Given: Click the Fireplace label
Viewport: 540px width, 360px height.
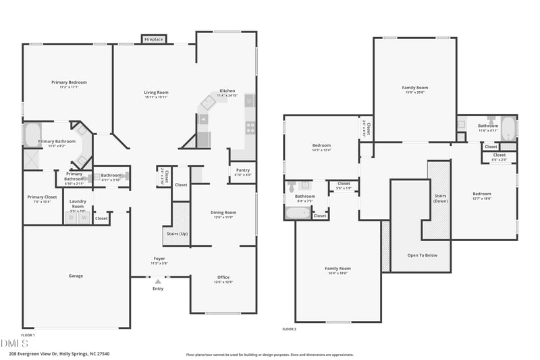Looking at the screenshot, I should pyautogui.click(x=154, y=40).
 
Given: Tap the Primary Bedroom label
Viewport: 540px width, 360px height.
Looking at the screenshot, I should pyautogui.click(x=69, y=82).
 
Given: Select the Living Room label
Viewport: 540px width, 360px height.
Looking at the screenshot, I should pyautogui.click(x=156, y=93).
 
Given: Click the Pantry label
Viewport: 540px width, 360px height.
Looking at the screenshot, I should pyautogui.click(x=242, y=172).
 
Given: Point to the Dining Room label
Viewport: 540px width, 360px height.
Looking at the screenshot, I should pyautogui.click(x=223, y=213).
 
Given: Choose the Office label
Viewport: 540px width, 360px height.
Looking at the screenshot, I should pyautogui.click(x=223, y=278).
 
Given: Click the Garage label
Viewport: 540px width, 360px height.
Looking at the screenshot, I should pyautogui.click(x=76, y=276).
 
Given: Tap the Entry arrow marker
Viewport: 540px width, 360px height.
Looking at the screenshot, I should pyautogui.click(x=157, y=281).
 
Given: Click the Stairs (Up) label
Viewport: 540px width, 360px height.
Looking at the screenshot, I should pyautogui.click(x=176, y=234).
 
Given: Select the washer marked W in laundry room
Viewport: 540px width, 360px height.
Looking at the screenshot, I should pyautogui.click(x=84, y=217).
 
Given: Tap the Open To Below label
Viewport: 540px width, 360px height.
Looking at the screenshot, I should pyautogui.click(x=423, y=255).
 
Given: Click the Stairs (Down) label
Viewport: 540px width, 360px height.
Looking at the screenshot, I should pyautogui.click(x=440, y=198).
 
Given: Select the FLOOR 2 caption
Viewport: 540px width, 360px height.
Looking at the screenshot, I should pyautogui.click(x=289, y=330).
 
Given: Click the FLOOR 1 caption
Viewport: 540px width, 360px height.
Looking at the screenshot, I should pyautogui.click(x=28, y=335).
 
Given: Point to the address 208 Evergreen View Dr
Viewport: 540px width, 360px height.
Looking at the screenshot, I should pyautogui.click(x=59, y=353).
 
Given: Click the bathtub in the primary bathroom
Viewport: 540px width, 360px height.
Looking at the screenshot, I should pyautogui.click(x=32, y=134).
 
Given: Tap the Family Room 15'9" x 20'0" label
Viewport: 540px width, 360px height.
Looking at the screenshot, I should pyautogui.click(x=415, y=88).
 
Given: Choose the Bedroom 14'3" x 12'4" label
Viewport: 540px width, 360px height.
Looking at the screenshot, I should pyautogui.click(x=321, y=146).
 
